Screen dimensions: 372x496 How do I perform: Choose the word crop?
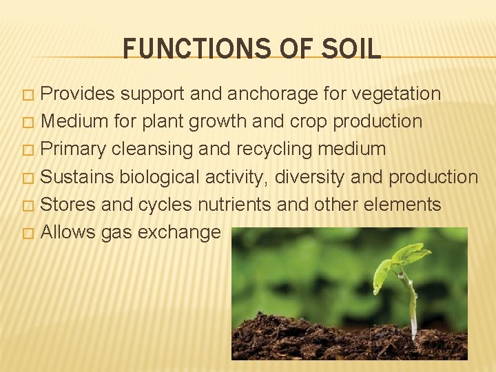pos(305,122)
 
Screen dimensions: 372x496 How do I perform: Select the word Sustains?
pos(77,177)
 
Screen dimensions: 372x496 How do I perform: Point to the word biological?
pos(160,177)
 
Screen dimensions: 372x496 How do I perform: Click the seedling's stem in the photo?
pos(412,303)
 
